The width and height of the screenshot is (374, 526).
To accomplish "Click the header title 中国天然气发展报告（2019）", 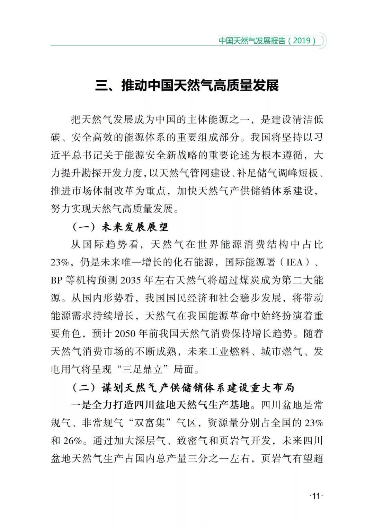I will click(267, 41).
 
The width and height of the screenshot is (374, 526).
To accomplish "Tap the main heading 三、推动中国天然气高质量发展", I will click(187, 85).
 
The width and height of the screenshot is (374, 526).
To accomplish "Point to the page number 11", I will click(315, 496).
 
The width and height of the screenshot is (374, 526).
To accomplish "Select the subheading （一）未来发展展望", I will click(120, 227).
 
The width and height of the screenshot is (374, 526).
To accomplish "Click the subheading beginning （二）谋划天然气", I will click(183, 387).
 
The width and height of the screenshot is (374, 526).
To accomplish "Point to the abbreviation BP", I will click(56, 280).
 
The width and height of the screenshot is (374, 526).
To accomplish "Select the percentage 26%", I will click(73, 441).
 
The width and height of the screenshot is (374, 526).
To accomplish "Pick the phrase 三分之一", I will click(208, 459).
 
